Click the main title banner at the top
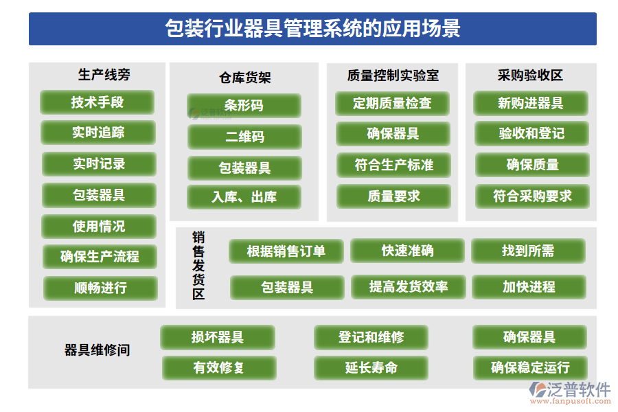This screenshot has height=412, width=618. point(312,29)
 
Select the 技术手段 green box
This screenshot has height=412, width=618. point(97,102)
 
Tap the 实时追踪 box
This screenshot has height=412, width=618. point(98,133)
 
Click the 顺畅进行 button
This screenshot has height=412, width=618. point(100,288)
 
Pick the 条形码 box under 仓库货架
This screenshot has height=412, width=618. point(244,106)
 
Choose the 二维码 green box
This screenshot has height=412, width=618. point(244,137)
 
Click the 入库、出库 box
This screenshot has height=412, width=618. point(244,197)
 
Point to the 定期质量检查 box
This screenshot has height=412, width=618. point(392,103)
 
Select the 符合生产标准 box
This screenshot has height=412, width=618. point(393,165)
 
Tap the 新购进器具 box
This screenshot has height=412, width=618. point(530,103)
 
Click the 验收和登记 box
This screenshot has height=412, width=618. point(531,133)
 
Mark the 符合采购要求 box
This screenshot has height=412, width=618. point(532,196)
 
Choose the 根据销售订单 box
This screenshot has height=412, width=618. point(286,251)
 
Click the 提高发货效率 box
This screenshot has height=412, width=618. point(409,286)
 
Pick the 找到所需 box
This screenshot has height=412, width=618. point(528,251)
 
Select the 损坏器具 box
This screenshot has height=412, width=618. point(218,337)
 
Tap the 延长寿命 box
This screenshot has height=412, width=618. point(371,367)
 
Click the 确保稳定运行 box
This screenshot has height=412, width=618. point(530,367)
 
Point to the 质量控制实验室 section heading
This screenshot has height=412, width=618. point(393,76)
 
